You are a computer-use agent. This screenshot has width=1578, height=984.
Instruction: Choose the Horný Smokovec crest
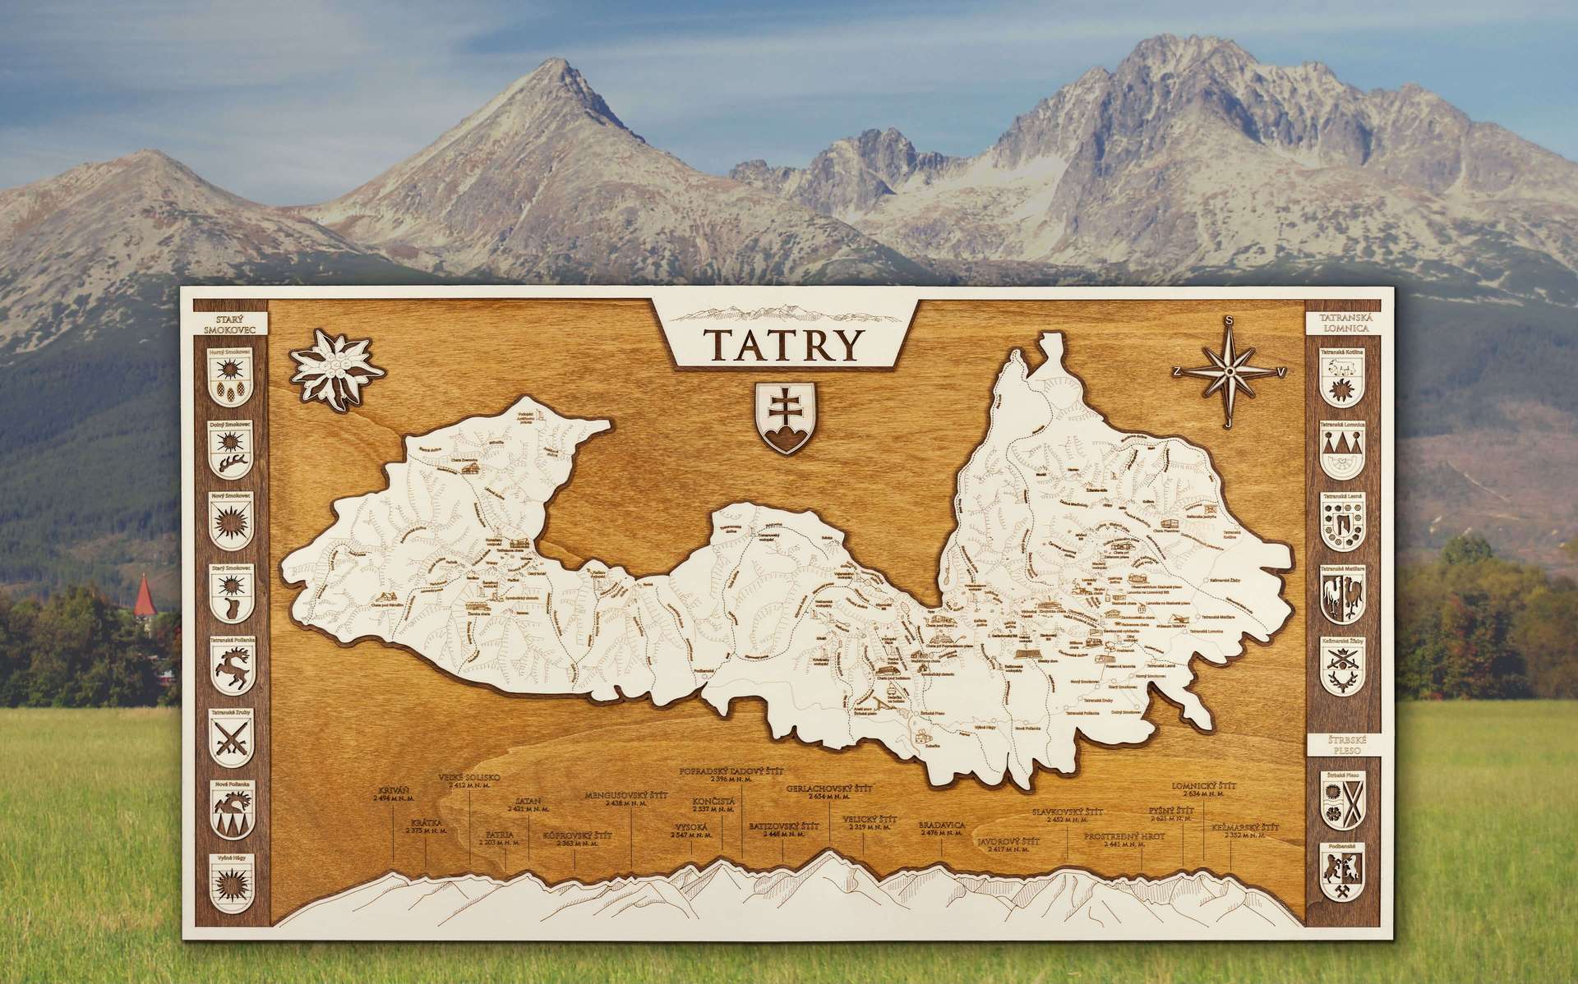coord(228,379)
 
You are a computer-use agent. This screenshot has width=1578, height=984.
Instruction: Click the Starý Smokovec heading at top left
coord(228,324)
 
